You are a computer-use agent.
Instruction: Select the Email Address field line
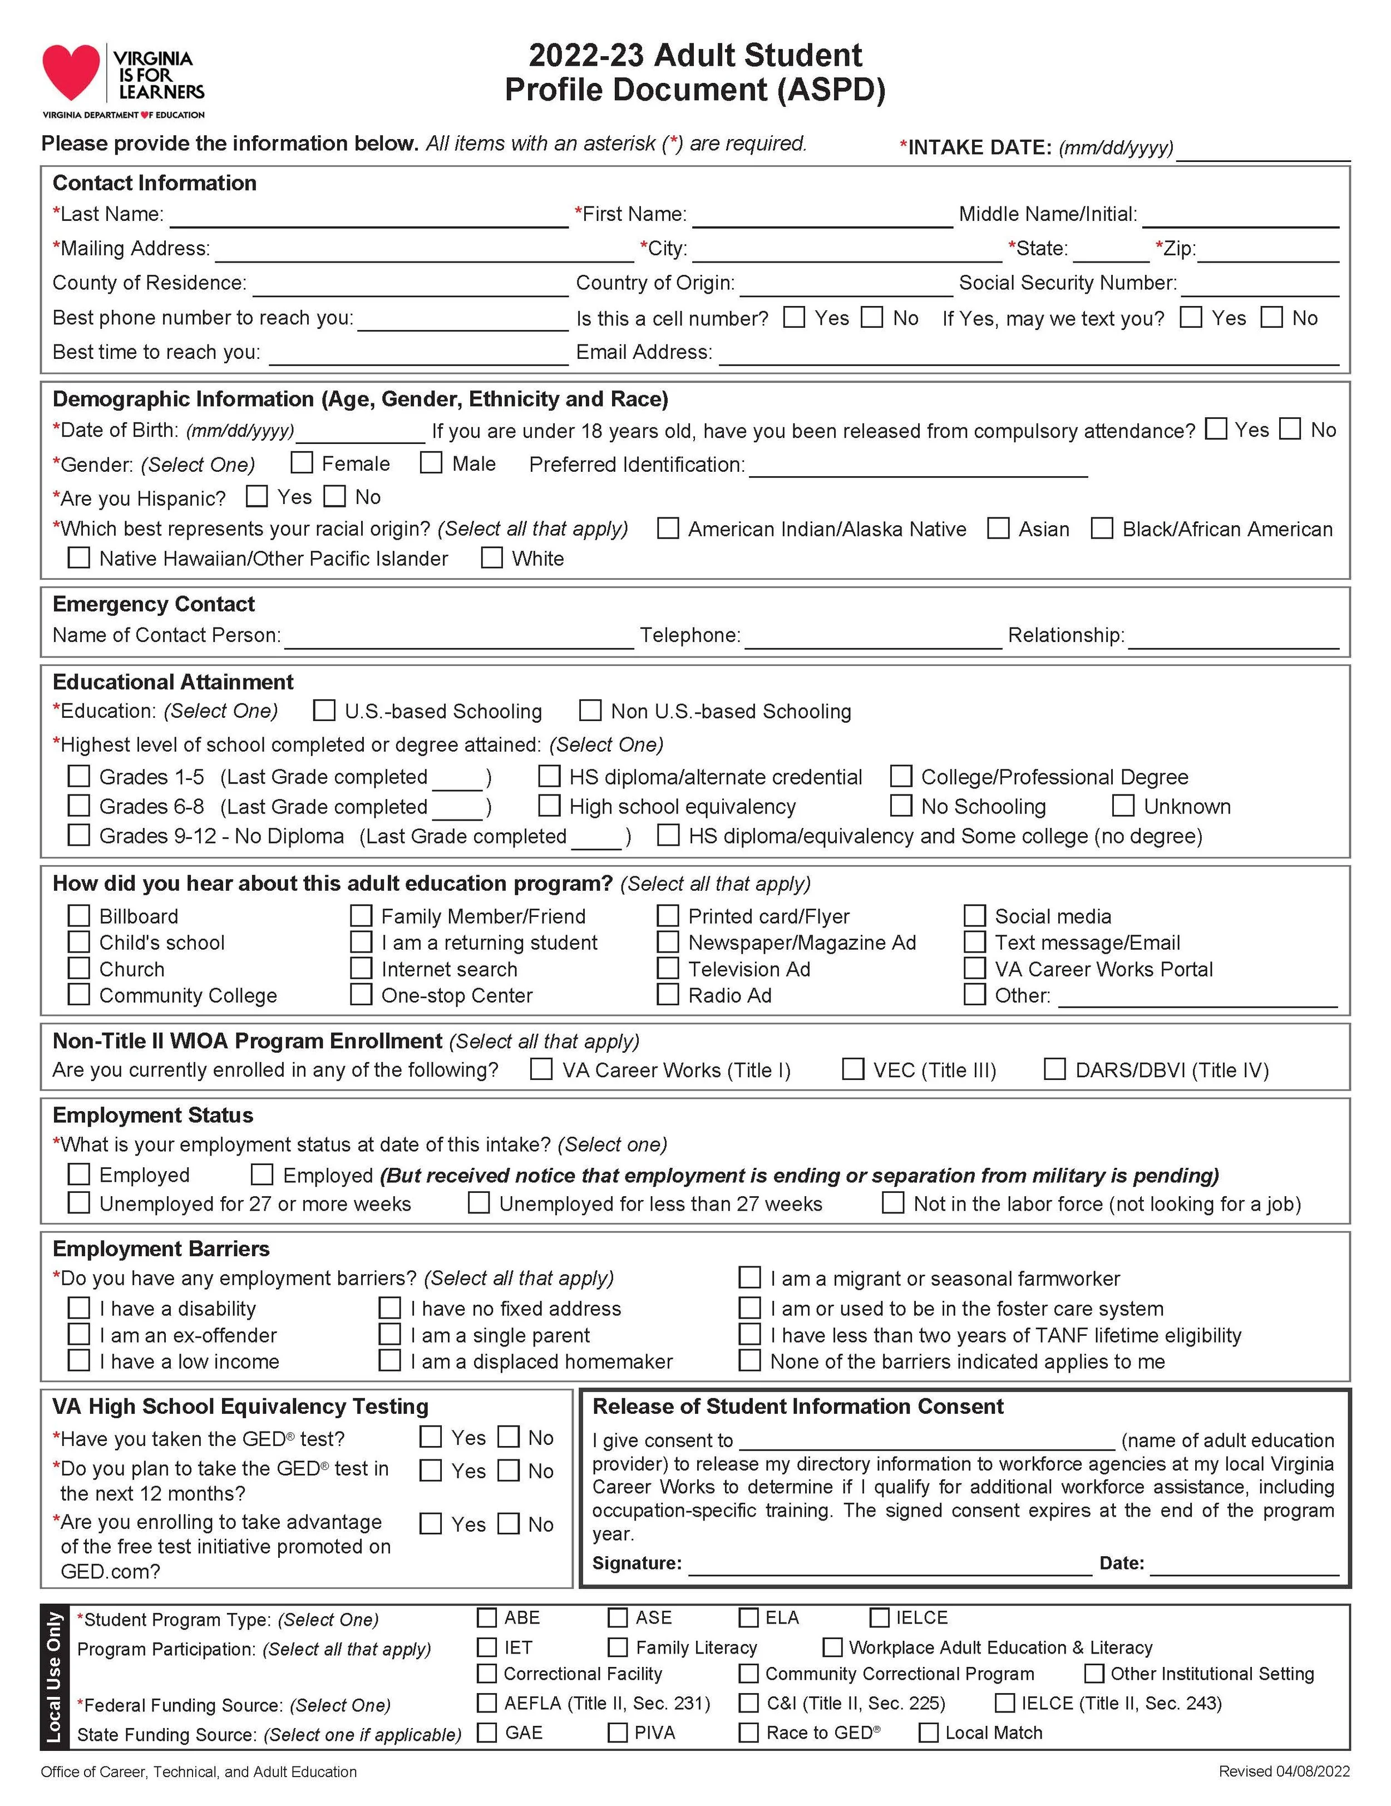pyautogui.click(x=1028, y=357)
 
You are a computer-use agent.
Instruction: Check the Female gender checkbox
pyautogui.click(x=302, y=462)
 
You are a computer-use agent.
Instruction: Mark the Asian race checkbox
pyautogui.click(x=998, y=527)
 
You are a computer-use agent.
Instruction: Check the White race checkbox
pyautogui.click(x=492, y=557)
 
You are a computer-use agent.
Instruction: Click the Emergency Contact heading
pyautogui.click(x=154, y=604)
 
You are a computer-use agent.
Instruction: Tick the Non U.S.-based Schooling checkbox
pyautogui.click(x=590, y=710)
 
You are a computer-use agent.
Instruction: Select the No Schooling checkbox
pyautogui.click(x=901, y=806)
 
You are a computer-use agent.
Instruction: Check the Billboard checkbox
pyautogui.click(x=78, y=915)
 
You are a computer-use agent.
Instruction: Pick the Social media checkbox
pyautogui.click(x=975, y=915)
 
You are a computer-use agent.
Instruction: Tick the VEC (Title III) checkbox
pyautogui.click(x=852, y=1069)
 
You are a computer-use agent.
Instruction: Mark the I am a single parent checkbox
pyautogui.click(x=389, y=1335)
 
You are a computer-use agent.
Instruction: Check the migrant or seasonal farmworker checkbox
pyautogui.click(x=749, y=1277)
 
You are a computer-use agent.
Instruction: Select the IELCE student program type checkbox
pyautogui.click(x=880, y=1617)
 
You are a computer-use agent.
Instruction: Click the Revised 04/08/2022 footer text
pyautogui.click(x=1284, y=1772)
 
